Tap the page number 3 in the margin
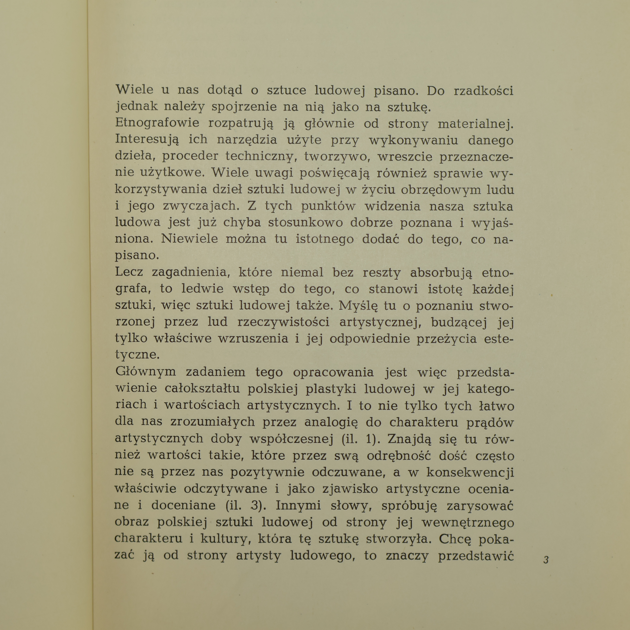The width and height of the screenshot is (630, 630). [546, 560]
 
